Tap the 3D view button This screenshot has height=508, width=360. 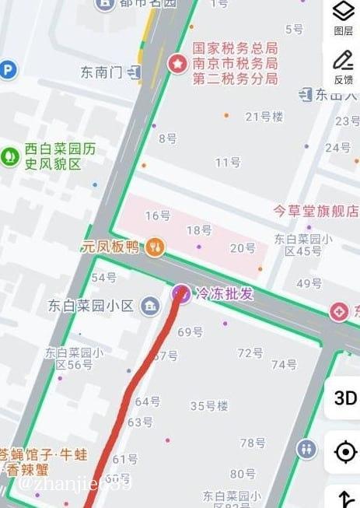click(344, 398)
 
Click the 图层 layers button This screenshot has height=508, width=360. click(343, 17)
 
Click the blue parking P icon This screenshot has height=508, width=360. click(8, 70)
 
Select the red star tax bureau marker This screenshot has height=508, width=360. click(177, 62)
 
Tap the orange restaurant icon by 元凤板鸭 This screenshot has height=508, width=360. click(156, 247)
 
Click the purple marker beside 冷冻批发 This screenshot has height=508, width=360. click(181, 293)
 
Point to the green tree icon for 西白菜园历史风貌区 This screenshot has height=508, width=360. click(10, 155)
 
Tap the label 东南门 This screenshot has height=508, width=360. click(102, 72)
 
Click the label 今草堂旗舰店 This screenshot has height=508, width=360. click(316, 210)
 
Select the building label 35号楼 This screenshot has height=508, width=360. click(209, 405)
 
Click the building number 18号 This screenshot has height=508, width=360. click(199, 229)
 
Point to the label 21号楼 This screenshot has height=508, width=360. click(264, 117)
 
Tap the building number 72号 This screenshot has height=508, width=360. click(250, 352)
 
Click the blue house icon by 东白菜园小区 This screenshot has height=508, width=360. click(149, 306)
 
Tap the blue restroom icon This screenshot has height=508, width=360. click(306, 448)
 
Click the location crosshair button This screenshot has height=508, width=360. click(344, 451)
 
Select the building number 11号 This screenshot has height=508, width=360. click(228, 162)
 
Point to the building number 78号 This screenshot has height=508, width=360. click(253, 443)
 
